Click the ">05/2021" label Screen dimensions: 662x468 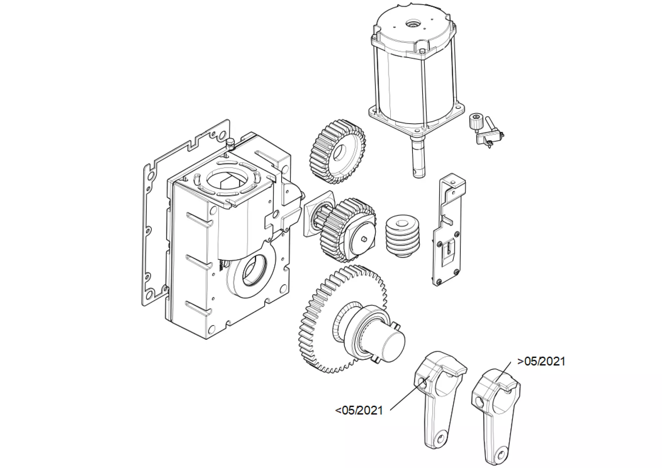(541, 361)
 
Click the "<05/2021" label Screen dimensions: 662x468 (359, 410)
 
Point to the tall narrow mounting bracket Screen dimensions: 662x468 (449, 230)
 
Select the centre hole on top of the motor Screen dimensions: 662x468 (410, 24)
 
